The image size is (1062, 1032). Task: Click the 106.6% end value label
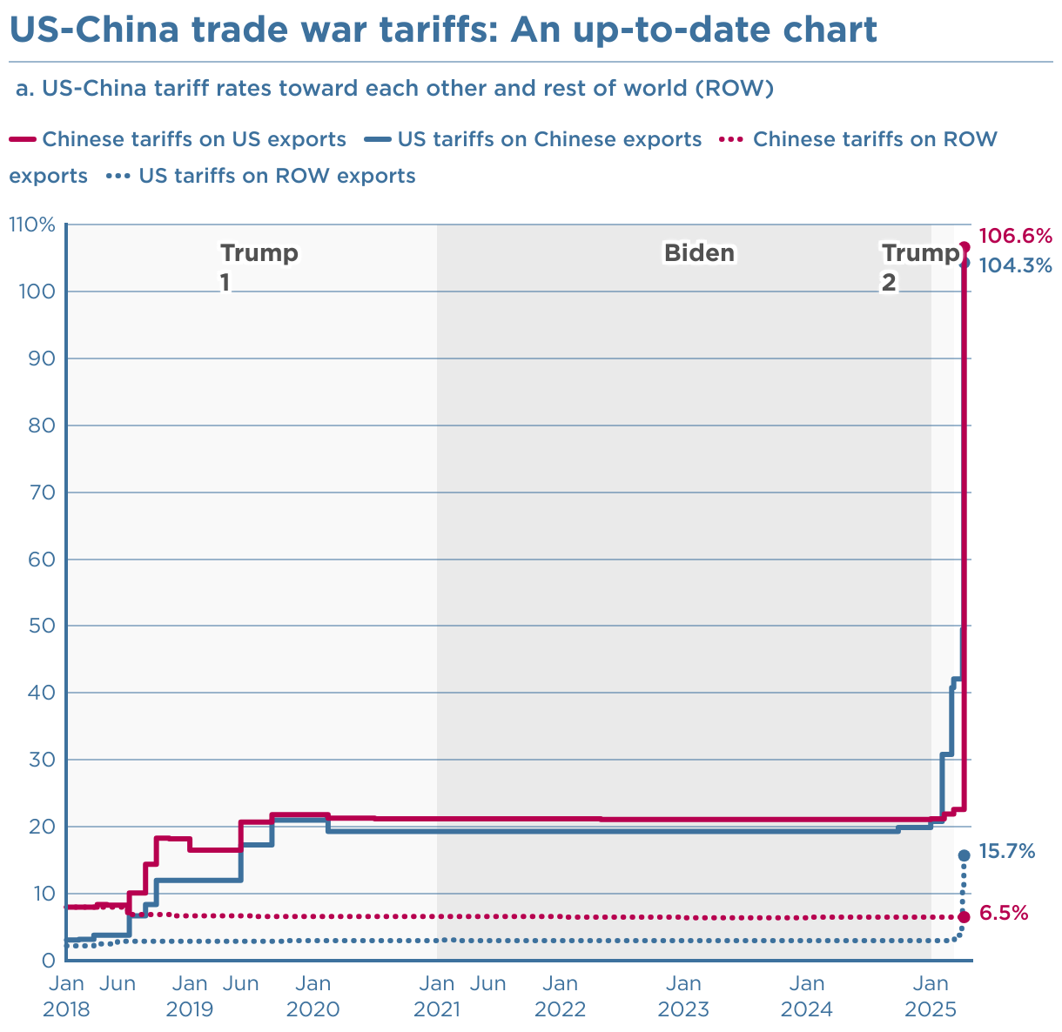(1015, 236)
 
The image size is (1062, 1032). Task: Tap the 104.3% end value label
(1016, 265)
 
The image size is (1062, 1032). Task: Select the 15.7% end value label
(1007, 851)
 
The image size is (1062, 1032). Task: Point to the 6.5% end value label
(1004, 914)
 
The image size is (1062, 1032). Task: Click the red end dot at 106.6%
(965, 247)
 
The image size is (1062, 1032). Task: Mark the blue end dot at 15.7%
(964, 855)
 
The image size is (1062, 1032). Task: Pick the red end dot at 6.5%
(964, 917)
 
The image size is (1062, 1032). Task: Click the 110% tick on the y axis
(32, 225)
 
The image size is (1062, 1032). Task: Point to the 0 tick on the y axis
(49, 961)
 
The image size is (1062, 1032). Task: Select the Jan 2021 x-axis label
(437, 997)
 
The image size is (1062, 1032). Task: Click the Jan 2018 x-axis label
(66, 997)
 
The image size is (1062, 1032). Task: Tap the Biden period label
(699, 253)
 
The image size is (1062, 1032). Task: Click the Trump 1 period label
(259, 267)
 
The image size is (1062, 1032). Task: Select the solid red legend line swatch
(22, 139)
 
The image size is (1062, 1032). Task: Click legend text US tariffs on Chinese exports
(548, 139)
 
